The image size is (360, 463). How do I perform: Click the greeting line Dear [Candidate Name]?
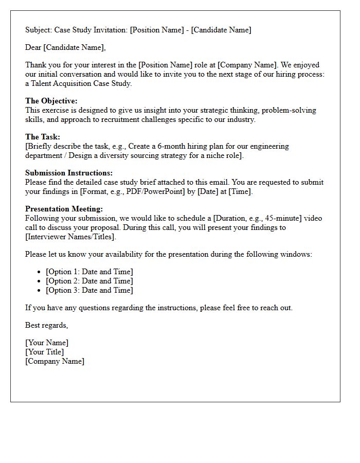pyautogui.click(x=65, y=48)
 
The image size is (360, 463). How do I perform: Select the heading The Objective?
pyautogui.click(x=51, y=101)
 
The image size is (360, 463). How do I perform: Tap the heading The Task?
pyautogui.click(x=43, y=137)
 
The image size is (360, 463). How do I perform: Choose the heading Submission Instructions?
pyautogui.click(x=69, y=173)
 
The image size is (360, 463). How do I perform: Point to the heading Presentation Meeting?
pyautogui.click(x=64, y=209)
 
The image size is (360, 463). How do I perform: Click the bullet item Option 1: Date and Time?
pyautogui.click(x=89, y=272)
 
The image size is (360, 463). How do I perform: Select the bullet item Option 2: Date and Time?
pyautogui.click(x=89, y=281)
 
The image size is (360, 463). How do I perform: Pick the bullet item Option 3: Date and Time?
pyautogui.click(x=89, y=290)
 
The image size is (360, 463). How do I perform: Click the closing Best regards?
pyautogui.click(x=47, y=325)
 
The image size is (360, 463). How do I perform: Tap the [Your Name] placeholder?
pyautogui.click(x=47, y=343)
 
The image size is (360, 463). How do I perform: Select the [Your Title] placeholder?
pyautogui.click(x=45, y=352)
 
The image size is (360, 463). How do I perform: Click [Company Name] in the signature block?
pyautogui.click(x=55, y=361)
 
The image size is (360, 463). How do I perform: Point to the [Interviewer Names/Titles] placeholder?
pyautogui.click(x=71, y=237)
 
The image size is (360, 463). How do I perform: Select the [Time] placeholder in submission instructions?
pyautogui.click(x=240, y=191)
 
